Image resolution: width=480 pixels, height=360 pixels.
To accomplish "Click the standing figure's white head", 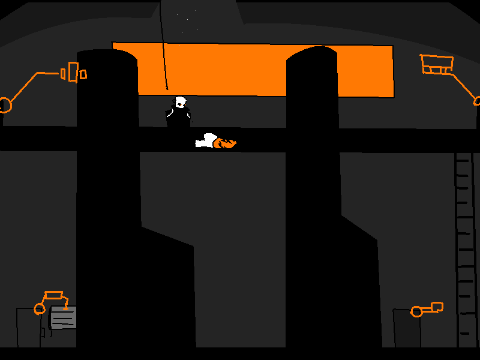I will point(180,103).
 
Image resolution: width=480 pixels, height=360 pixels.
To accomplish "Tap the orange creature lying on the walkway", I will point(225,143).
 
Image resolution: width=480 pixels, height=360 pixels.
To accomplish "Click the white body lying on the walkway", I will point(206,141).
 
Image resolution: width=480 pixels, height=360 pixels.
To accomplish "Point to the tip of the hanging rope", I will point(167,88).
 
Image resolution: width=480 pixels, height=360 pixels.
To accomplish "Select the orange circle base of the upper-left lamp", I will point(5,105).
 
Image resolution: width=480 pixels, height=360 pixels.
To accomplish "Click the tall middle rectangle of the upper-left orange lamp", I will point(73,71).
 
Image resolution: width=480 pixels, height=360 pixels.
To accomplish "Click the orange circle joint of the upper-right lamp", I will point(478,101).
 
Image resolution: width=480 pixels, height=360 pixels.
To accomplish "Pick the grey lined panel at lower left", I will point(63,317).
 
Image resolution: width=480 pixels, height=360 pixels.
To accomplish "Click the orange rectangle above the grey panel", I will point(54,295).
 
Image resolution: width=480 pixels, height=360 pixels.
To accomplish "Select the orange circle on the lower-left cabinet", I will point(40,309).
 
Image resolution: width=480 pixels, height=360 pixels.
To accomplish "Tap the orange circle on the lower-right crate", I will point(416,311).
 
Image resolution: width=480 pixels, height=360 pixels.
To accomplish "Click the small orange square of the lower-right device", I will point(437,307).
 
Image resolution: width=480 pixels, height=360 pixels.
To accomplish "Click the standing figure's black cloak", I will point(178,119).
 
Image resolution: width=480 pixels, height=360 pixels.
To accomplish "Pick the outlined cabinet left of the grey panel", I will point(28,328).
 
